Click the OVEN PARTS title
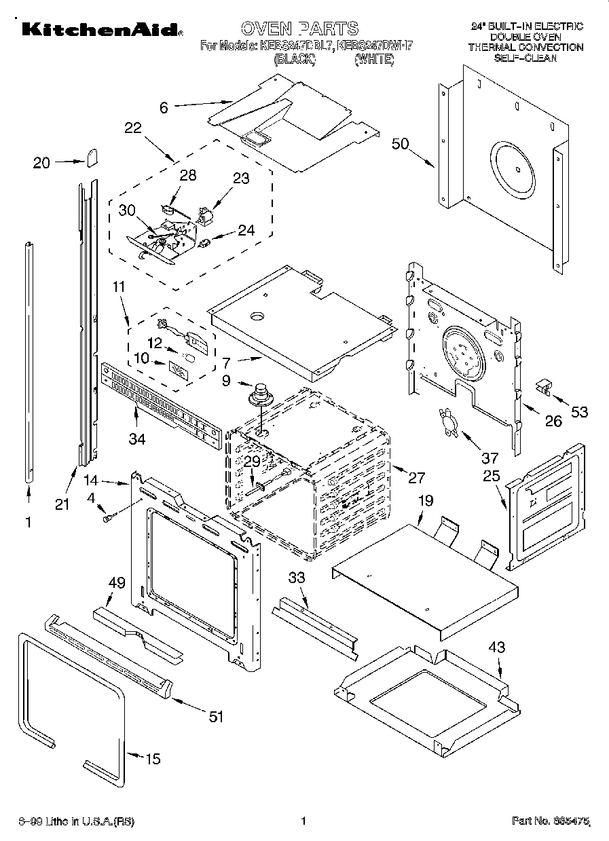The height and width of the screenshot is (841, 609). (299, 28)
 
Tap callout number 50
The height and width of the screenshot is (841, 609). (401, 143)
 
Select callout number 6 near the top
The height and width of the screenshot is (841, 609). (164, 106)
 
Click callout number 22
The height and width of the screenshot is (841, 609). (133, 128)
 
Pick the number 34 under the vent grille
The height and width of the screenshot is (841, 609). (138, 440)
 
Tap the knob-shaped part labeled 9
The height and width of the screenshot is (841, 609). (259, 395)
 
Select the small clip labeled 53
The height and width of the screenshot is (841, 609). (543, 386)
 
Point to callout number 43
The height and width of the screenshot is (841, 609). (497, 648)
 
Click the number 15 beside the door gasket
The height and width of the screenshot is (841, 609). (153, 759)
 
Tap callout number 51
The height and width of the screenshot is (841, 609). (215, 716)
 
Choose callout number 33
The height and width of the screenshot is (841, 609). (297, 578)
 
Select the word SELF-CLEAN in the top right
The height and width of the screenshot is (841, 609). (525, 58)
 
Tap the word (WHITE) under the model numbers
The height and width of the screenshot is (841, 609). (373, 60)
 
